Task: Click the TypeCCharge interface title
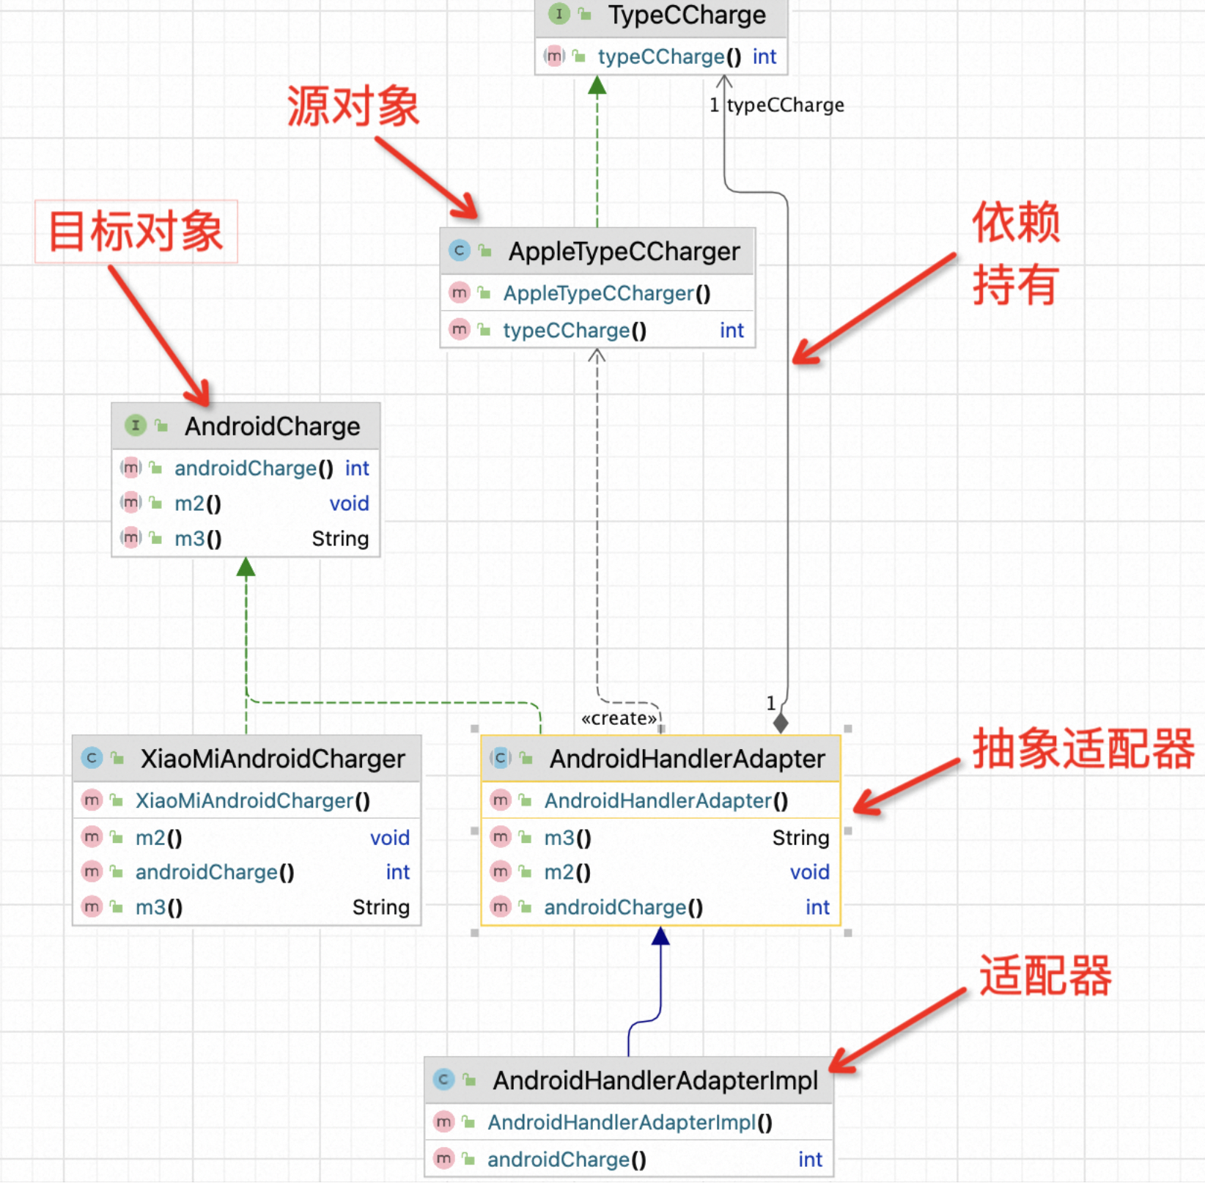coord(686,15)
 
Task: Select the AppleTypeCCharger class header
coord(624,251)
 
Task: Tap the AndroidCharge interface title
coord(272,426)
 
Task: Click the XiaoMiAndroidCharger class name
coord(272,759)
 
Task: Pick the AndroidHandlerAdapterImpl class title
coord(655,1080)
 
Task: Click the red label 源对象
coord(353,106)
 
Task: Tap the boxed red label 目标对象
coord(136,232)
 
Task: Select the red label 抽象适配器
coord(1083,749)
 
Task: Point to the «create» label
coord(619,718)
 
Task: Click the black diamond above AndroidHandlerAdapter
coord(781,723)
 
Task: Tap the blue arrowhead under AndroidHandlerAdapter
coord(660,936)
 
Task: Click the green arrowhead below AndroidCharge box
coord(246,567)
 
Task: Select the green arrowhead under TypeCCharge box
coord(597,85)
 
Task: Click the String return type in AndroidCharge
coord(340,539)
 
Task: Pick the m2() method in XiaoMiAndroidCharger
coord(159,838)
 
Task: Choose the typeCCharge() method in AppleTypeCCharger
coord(574,331)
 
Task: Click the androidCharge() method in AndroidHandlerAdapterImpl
coord(567,1160)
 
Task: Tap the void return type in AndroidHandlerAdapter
coord(809,872)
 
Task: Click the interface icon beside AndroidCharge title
coord(136,425)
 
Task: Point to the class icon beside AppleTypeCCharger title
coord(459,251)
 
